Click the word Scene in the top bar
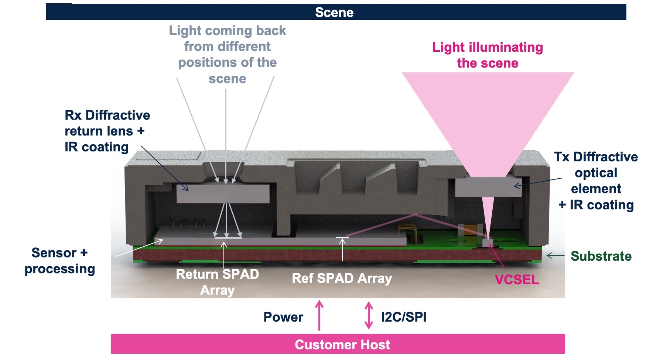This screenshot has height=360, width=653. pos(334,13)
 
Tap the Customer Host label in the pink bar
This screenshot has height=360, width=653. pos(342,344)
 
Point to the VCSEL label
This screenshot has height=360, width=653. pos(517,280)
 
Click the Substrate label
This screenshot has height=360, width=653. pos(601,256)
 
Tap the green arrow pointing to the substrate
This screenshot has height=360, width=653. pos(555,256)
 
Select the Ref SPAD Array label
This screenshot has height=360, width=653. pos(342,278)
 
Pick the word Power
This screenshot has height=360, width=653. pos(283,317)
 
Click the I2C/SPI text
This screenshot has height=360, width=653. pos(404,317)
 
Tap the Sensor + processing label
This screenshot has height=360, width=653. pos(60,261)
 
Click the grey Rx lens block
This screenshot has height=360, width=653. pos(223,193)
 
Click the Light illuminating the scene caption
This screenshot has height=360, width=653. pos(488,55)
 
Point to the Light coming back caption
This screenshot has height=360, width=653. pos(228,54)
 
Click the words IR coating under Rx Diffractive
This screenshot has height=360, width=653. pos(96,147)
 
